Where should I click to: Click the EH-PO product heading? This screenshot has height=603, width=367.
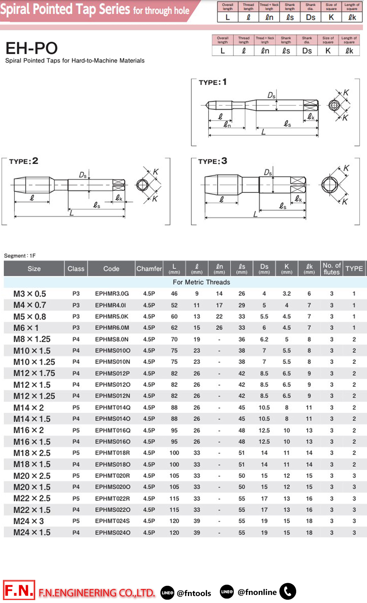coord(32,48)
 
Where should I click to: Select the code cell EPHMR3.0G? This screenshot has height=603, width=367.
coord(112,293)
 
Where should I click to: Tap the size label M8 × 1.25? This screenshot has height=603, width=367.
coord(32,339)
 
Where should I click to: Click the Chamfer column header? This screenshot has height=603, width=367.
coord(149,268)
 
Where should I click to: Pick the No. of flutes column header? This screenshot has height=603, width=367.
coord(331,268)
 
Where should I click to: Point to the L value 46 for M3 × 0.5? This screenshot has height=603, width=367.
coord(174,293)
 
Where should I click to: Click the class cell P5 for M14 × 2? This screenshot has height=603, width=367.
coord(76,408)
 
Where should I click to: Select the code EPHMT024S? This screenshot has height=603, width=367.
coord(112,521)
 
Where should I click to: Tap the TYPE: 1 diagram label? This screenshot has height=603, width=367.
coord(212,82)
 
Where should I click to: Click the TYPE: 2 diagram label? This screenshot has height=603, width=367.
coord(23,161)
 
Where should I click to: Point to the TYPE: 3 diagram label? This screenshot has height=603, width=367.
coord(212,161)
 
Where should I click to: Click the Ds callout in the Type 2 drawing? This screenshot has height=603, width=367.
coord(83,175)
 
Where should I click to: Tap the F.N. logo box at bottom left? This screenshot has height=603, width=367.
coord(19,590)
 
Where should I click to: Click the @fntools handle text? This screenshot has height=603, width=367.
coord(194,593)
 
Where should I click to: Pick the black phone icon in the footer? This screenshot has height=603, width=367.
coord(288,591)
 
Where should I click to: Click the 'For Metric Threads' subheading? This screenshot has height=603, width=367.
coord(201,282)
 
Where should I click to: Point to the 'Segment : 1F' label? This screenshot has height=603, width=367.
coord(20,256)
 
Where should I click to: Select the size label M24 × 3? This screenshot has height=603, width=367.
coord(29,521)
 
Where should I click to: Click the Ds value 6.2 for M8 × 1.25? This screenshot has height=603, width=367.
coord(264,339)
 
